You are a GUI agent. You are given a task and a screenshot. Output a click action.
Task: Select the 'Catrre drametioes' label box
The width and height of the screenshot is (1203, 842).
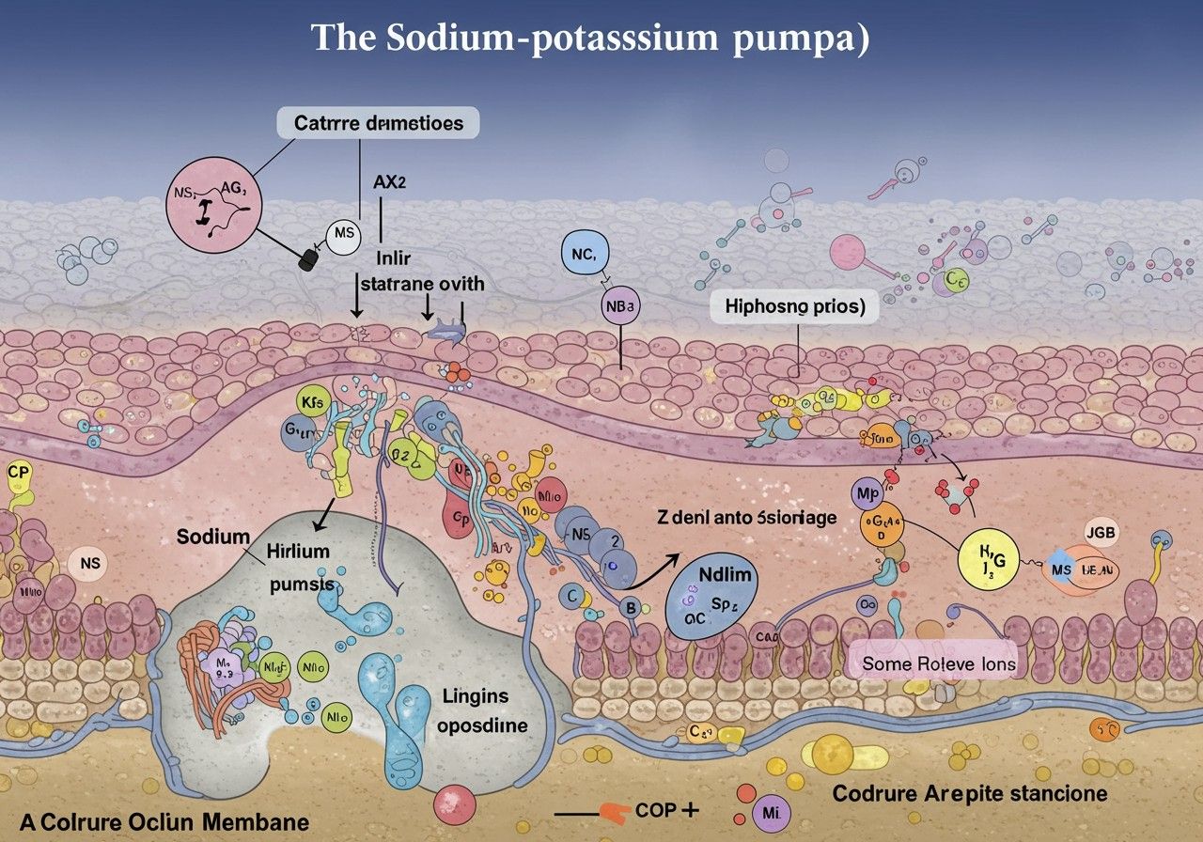[378, 122]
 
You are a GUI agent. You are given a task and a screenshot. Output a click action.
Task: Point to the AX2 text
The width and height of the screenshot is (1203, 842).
[389, 183]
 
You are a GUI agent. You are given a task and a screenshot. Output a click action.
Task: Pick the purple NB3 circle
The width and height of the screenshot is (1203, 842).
[619, 306]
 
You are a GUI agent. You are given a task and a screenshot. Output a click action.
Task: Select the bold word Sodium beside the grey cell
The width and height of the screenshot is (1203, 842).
[212, 537]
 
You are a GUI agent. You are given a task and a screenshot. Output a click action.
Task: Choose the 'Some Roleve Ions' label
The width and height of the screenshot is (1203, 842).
[939, 663]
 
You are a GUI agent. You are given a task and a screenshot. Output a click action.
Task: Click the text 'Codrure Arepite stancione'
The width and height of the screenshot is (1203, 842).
[970, 793]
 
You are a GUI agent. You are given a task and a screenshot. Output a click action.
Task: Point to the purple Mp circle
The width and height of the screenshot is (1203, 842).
[865, 493]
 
